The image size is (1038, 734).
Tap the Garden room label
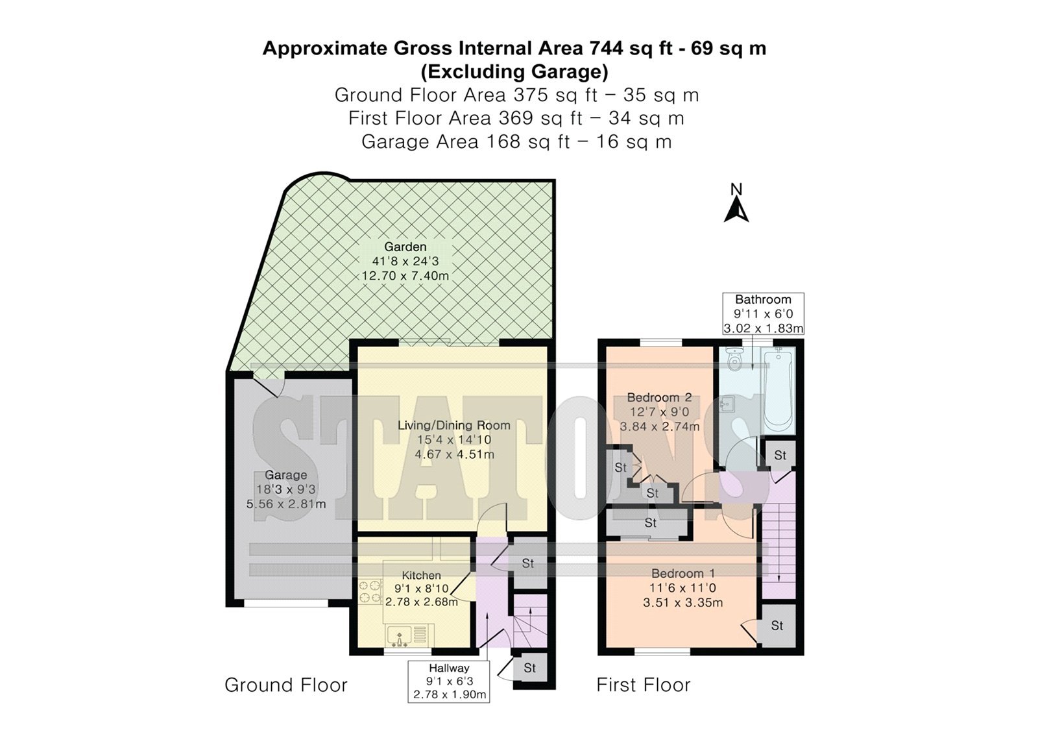pos(405,247)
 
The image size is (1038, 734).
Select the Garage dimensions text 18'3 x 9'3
pos(286,489)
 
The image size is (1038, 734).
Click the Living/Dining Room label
pos(454,425)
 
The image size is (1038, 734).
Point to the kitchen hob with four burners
pos(370,593)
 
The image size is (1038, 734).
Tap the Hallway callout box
pos(448,681)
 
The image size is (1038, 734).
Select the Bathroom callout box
pos(763,313)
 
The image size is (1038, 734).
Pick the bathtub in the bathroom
pos(779,391)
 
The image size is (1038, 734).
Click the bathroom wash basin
pos(727,405)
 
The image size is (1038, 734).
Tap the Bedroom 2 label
pos(659,397)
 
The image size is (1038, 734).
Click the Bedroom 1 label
pos(683,573)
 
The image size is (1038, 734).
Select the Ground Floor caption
pos(286,685)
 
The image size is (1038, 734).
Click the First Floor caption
pos(643,685)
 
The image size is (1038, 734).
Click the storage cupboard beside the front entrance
pos(530,668)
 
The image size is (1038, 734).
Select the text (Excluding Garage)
pos(514,72)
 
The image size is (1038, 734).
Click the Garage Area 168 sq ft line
pos(516,142)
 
